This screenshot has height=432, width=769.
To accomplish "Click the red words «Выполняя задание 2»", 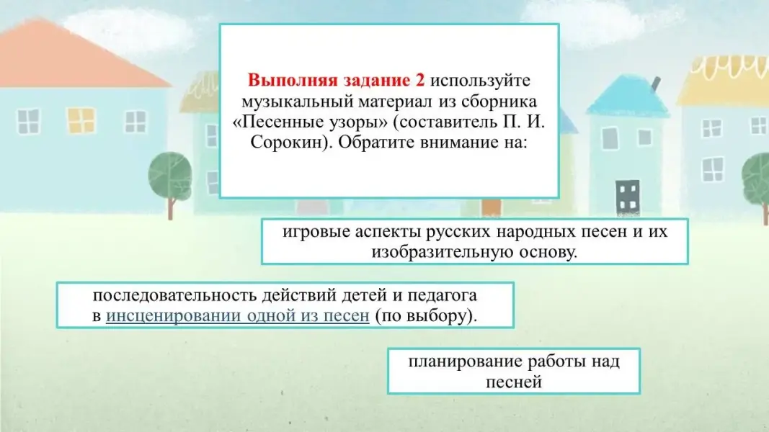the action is pos(336,80).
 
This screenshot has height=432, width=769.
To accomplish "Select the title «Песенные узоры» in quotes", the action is pos(310,122).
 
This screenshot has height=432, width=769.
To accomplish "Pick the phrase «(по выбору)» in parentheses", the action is pos(426,315).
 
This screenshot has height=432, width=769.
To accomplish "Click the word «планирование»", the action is pos(465,361).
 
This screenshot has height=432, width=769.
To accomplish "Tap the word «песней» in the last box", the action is pos(513,382).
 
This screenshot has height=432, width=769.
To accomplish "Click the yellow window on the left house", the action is pos(81,120).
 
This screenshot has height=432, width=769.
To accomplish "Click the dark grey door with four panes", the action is pos(628,197).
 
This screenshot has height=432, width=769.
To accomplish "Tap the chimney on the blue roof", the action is pos(654,84).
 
